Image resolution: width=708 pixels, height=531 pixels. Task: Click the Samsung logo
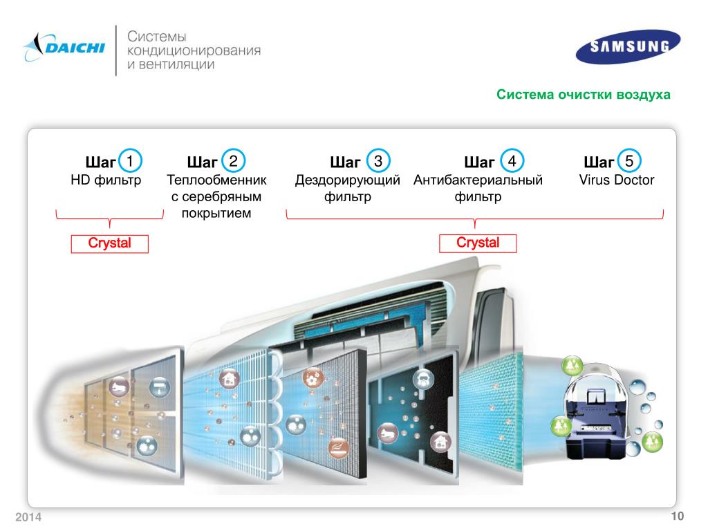tap(629, 46)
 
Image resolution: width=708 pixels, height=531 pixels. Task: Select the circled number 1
tap(130, 161)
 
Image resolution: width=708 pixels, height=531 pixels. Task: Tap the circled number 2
tap(234, 161)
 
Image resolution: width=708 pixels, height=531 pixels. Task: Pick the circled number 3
tap(378, 161)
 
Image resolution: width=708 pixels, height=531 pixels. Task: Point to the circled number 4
tap(512, 161)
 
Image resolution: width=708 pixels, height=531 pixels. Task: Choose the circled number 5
tap(629, 161)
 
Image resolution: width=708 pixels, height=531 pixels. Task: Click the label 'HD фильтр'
tap(106, 180)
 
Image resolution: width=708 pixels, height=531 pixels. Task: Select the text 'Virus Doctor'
tap(617, 180)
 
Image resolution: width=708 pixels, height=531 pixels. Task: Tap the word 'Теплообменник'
tap(216, 180)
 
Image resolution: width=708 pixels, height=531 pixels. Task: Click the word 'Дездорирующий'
tap(348, 180)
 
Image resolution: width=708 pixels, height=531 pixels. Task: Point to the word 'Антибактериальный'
tap(478, 180)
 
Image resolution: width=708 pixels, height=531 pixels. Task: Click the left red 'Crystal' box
tap(109, 244)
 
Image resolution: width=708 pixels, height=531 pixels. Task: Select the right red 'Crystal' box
tap(478, 243)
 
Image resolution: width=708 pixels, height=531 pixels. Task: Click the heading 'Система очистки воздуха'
tap(583, 95)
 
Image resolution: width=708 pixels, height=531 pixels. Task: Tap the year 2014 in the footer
tap(28, 519)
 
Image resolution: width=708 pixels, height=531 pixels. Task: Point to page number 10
tap(676, 517)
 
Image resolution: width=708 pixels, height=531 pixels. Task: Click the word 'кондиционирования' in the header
tap(193, 51)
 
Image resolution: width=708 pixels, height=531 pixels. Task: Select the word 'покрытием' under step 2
tap(216, 213)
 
